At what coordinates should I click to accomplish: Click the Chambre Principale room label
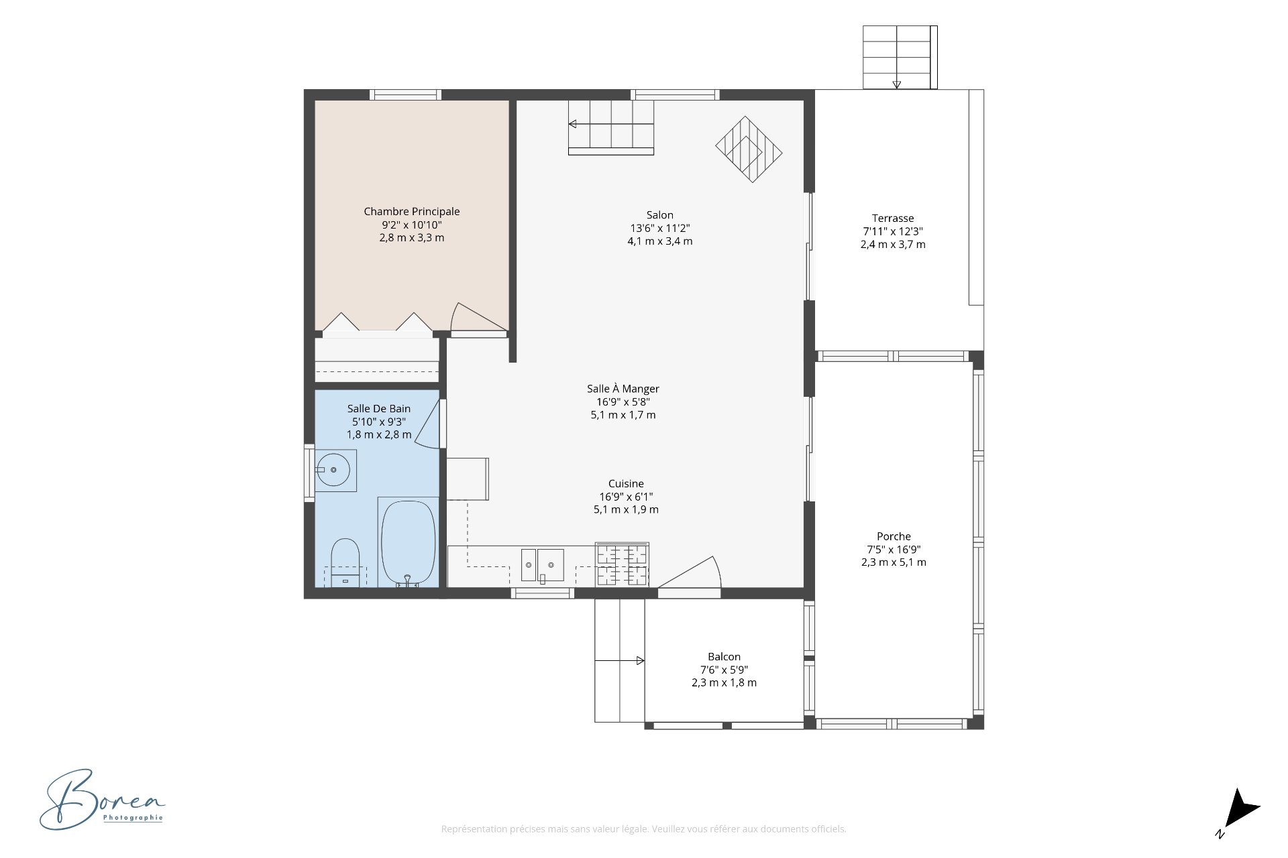point(412,212)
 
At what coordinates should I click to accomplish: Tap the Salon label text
point(660,215)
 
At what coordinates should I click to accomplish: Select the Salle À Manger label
point(623,389)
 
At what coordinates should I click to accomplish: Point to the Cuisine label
point(626,483)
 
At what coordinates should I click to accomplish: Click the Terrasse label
point(893,218)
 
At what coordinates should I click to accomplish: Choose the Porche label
point(894,536)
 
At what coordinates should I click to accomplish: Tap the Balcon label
point(724,657)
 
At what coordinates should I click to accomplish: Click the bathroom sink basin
point(333,470)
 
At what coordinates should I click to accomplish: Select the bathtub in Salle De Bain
point(408,544)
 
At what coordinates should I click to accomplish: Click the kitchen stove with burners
point(623,564)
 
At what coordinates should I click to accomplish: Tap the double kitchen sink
point(543,564)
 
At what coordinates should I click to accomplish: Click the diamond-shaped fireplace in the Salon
point(749,149)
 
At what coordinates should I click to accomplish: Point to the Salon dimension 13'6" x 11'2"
point(660,228)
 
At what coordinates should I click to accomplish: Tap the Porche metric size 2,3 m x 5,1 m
point(894,562)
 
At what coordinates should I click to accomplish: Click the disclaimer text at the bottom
point(643,829)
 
